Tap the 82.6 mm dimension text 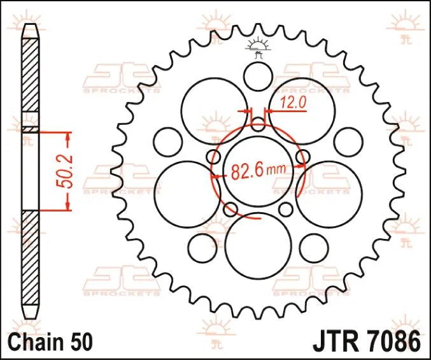point(258,172)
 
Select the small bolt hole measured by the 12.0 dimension point(258,122)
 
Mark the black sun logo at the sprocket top point(258,47)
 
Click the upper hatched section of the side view point(30,75)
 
